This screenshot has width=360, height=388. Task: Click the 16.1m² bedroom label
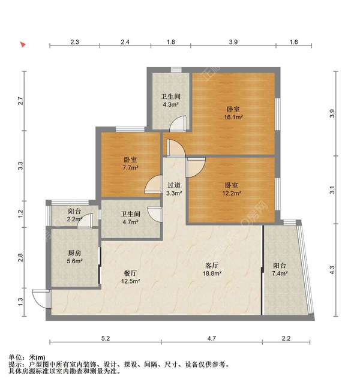pyautogui.click(x=233, y=113)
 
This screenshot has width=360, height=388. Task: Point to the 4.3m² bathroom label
pyautogui.click(x=170, y=100)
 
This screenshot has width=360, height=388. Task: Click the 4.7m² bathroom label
pyautogui.click(x=130, y=218)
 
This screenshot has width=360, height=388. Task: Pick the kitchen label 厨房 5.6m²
pyautogui.click(x=74, y=265)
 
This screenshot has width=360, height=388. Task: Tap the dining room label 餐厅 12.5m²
pyautogui.click(x=131, y=276)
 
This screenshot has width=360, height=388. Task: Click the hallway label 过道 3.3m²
pyautogui.click(x=174, y=189)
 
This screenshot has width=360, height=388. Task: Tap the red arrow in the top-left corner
pyautogui.click(x=23, y=44)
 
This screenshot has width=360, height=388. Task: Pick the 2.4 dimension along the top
pyautogui.click(x=125, y=42)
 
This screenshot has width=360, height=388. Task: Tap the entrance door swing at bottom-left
pyautogui.click(x=41, y=298)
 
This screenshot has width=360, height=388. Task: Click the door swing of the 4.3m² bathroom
pyautogui.click(x=178, y=123)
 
